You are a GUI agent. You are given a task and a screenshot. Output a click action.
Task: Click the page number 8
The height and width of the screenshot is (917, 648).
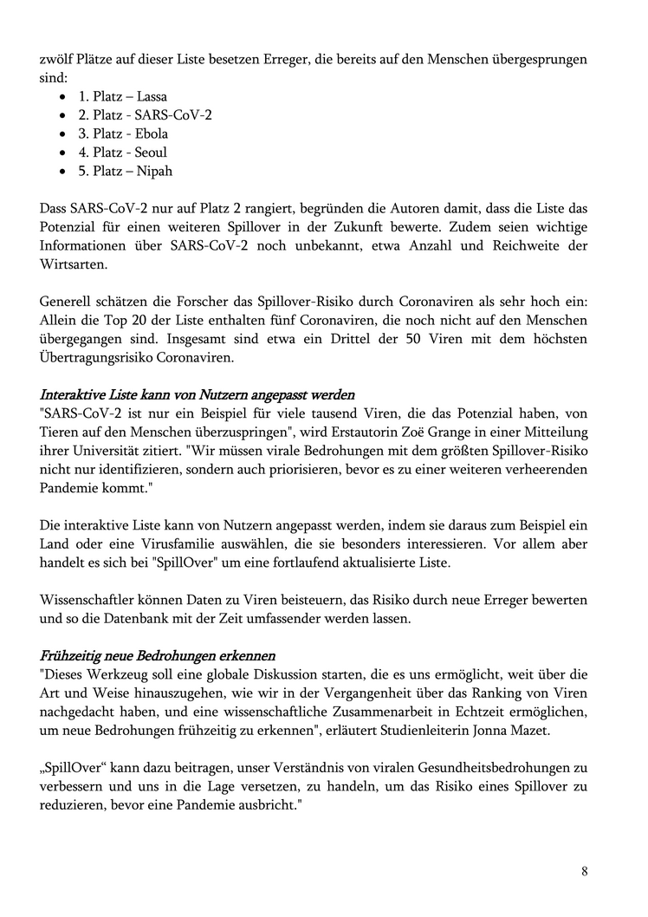coord(584,871)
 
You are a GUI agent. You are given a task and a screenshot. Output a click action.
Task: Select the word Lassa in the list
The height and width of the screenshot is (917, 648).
coord(152,97)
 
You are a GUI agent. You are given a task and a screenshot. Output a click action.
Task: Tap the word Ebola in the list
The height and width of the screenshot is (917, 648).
coord(152,133)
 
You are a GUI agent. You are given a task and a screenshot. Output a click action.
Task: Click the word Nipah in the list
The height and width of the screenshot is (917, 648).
coord(154,171)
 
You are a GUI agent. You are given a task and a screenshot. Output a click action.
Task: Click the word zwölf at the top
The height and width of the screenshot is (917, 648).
coord(56,60)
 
